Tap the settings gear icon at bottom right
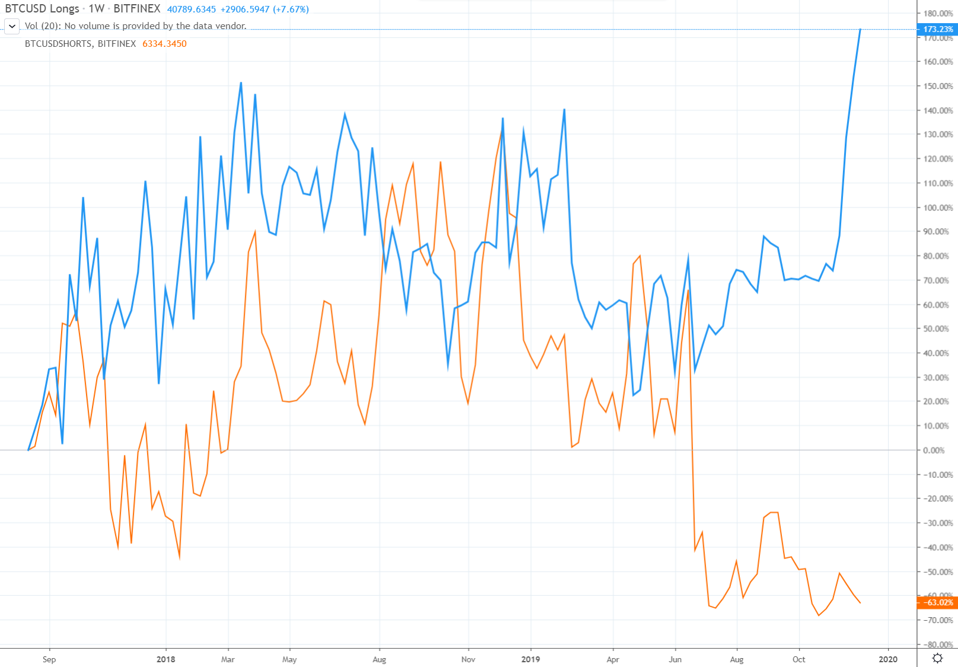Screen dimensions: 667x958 point(937,658)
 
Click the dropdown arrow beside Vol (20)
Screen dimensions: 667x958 point(12,26)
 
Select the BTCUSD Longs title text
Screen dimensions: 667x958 point(42,9)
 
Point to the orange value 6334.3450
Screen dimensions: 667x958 point(164,44)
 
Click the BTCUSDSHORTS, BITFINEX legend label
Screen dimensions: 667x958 point(80,44)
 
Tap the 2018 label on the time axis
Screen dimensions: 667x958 point(166,659)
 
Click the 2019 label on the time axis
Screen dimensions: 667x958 point(530,659)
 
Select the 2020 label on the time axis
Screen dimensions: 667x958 point(888,659)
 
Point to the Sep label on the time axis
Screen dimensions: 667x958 point(49,659)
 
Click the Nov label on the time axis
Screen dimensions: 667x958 point(468,659)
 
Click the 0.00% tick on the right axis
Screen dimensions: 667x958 point(934,450)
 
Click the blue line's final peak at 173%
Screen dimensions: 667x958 point(860,29)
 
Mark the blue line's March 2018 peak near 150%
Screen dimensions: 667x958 point(241,83)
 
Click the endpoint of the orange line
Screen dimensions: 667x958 point(860,603)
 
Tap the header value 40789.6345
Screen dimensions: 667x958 point(191,9)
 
